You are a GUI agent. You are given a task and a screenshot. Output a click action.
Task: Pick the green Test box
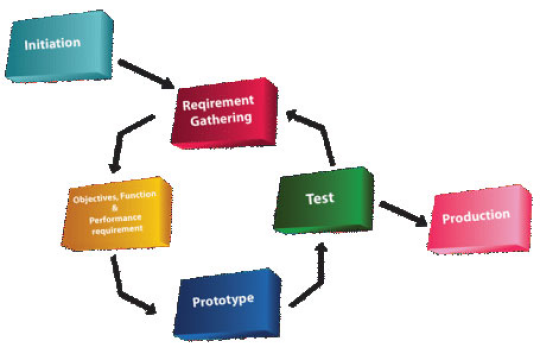[x=320, y=198]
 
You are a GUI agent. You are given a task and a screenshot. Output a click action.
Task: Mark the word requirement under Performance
[x=118, y=228]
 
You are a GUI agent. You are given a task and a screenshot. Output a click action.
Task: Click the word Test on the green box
[x=320, y=198]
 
